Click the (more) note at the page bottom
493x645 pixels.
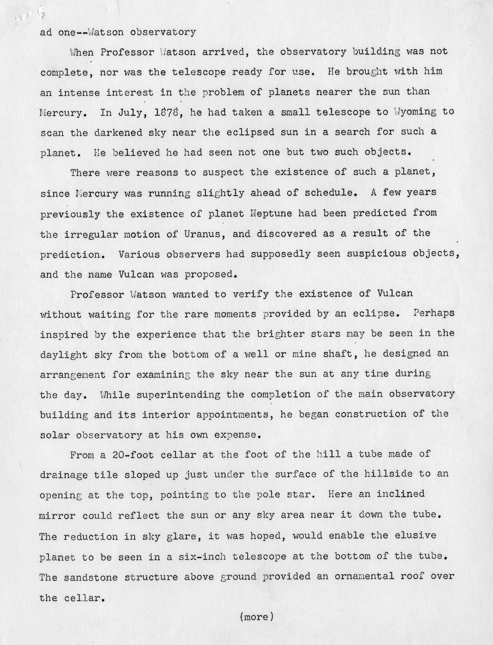click(256, 617)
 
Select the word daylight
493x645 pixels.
click(64, 355)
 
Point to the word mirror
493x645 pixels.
click(58, 515)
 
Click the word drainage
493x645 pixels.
click(64, 475)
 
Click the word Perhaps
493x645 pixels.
click(434, 313)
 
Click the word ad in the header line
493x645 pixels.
click(46, 32)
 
